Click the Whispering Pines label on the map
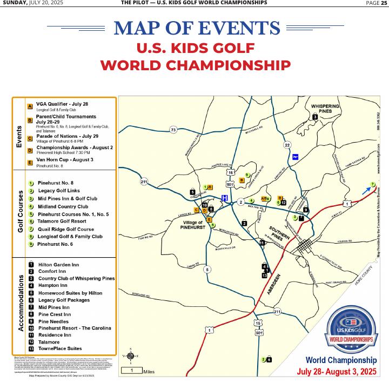325,108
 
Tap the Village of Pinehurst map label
192,225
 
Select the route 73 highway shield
173,130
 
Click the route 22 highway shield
287,145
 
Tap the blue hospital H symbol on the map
225,198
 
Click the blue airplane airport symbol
296,157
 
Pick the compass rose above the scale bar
130,354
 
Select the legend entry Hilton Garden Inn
58,265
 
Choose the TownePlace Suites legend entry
60,348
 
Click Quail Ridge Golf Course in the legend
66,229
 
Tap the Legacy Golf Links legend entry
59,191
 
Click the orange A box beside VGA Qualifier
30,106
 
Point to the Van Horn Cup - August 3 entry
64,160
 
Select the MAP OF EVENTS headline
197,28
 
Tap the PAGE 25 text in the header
373,3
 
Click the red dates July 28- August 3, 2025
337,372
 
